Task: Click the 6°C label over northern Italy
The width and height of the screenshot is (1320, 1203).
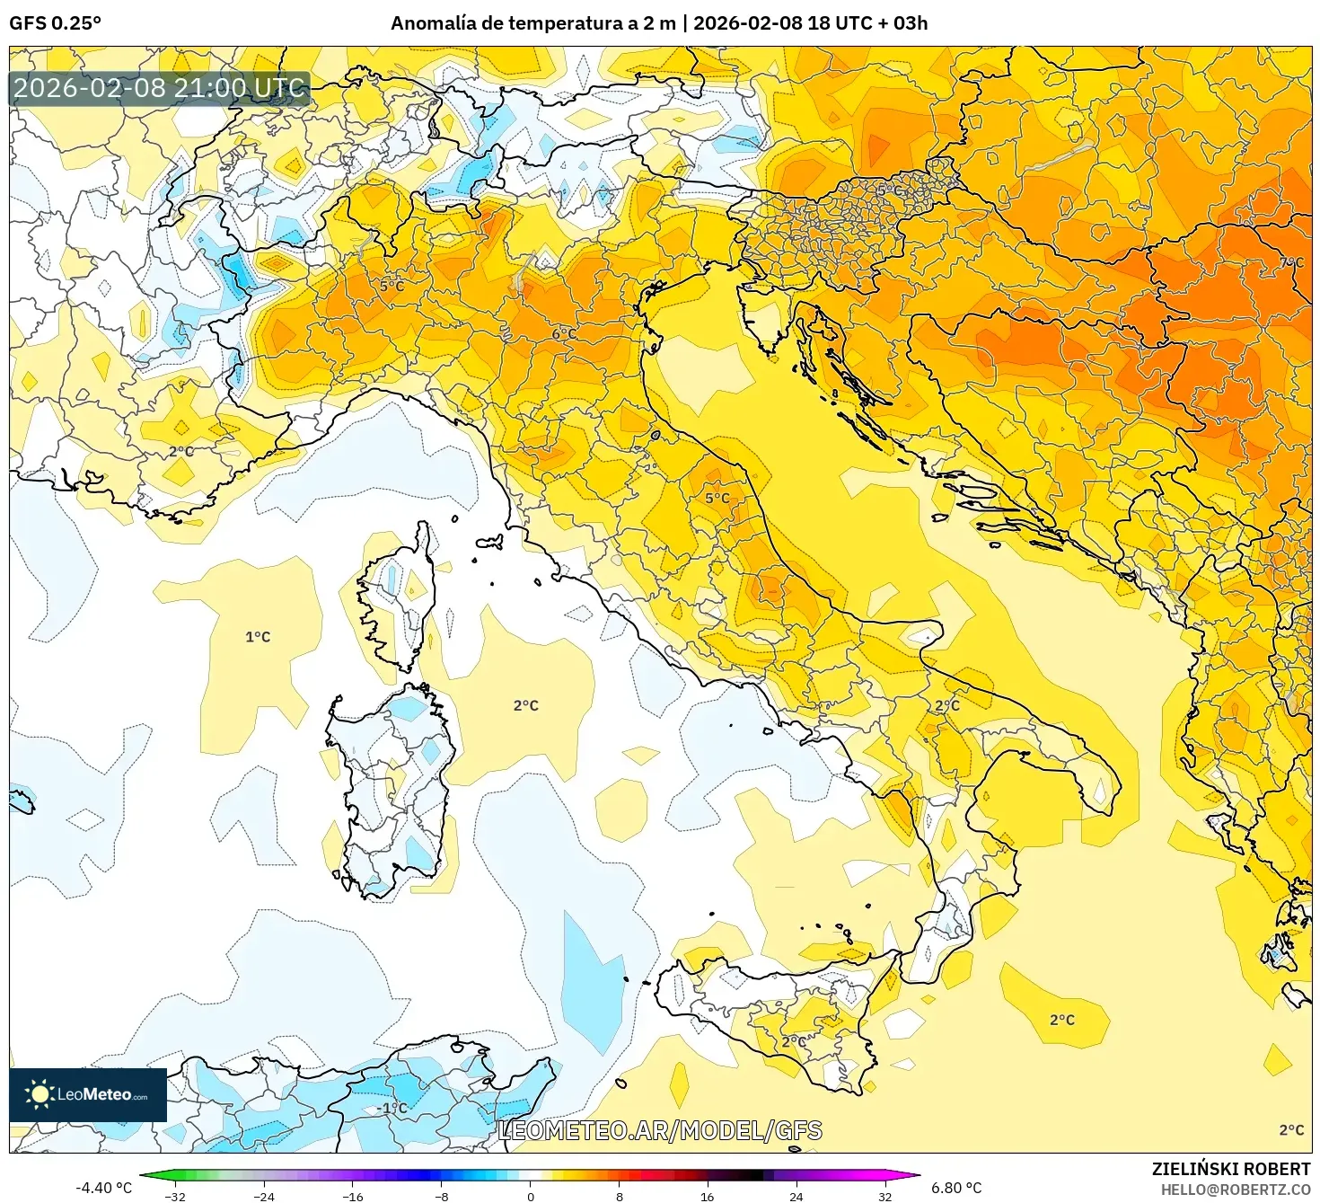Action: [x=564, y=334]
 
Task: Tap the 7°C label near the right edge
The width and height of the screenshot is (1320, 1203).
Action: [x=1290, y=262]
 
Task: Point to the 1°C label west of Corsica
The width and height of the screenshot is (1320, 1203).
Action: [x=258, y=637]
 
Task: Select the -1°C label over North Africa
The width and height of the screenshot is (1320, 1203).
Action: [x=392, y=1108]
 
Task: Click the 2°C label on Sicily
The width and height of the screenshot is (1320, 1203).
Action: [x=793, y=1041]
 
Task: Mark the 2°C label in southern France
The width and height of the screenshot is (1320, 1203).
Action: [x=181, y=451]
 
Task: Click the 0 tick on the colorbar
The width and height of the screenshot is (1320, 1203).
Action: [x=531, y=1196]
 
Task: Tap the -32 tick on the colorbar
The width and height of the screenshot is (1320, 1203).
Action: [x=175, y=1196]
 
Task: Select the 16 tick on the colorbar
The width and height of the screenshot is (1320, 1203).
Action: [x=708, y=1196]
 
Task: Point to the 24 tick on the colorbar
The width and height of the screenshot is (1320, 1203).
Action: [x=796, y=1196]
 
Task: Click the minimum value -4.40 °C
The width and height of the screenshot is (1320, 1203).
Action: [x=103, y=1188]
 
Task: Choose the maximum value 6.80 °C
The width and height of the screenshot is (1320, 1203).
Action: [x=956, y=1188]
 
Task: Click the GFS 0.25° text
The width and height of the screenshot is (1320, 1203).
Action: [x=56, y=23]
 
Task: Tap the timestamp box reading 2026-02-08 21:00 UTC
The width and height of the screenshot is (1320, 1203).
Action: [x=160, y=88]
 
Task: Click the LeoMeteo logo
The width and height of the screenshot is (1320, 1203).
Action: [x=88, y=1094]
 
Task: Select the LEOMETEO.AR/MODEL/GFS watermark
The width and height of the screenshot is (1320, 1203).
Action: [x=660, y=1130]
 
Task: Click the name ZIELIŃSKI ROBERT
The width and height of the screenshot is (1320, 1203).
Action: [x=1230, y=1169]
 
